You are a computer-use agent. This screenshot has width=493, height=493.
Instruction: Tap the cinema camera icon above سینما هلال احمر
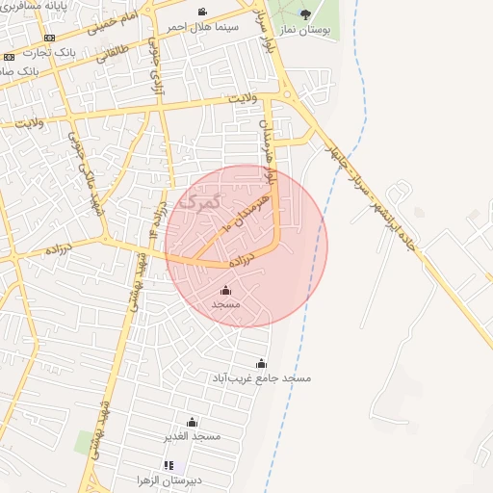[x=201, y=12]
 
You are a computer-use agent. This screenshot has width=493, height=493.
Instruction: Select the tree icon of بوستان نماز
[x=306, y=13]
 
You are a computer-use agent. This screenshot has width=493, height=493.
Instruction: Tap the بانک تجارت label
[x=49, y=52]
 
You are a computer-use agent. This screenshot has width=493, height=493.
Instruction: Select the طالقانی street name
[x=111, y=78]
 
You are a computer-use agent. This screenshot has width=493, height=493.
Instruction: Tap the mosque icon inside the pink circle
[x=226, y=290]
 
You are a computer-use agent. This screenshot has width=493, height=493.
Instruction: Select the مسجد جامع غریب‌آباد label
[x=262, y=378]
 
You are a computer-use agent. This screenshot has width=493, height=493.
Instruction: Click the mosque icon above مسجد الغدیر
[x=192, y=422]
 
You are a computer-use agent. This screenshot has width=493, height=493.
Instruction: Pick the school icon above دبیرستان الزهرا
[x=169, y=465]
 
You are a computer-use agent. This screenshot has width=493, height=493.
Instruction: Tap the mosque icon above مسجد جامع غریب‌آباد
[x=262, y=363]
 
